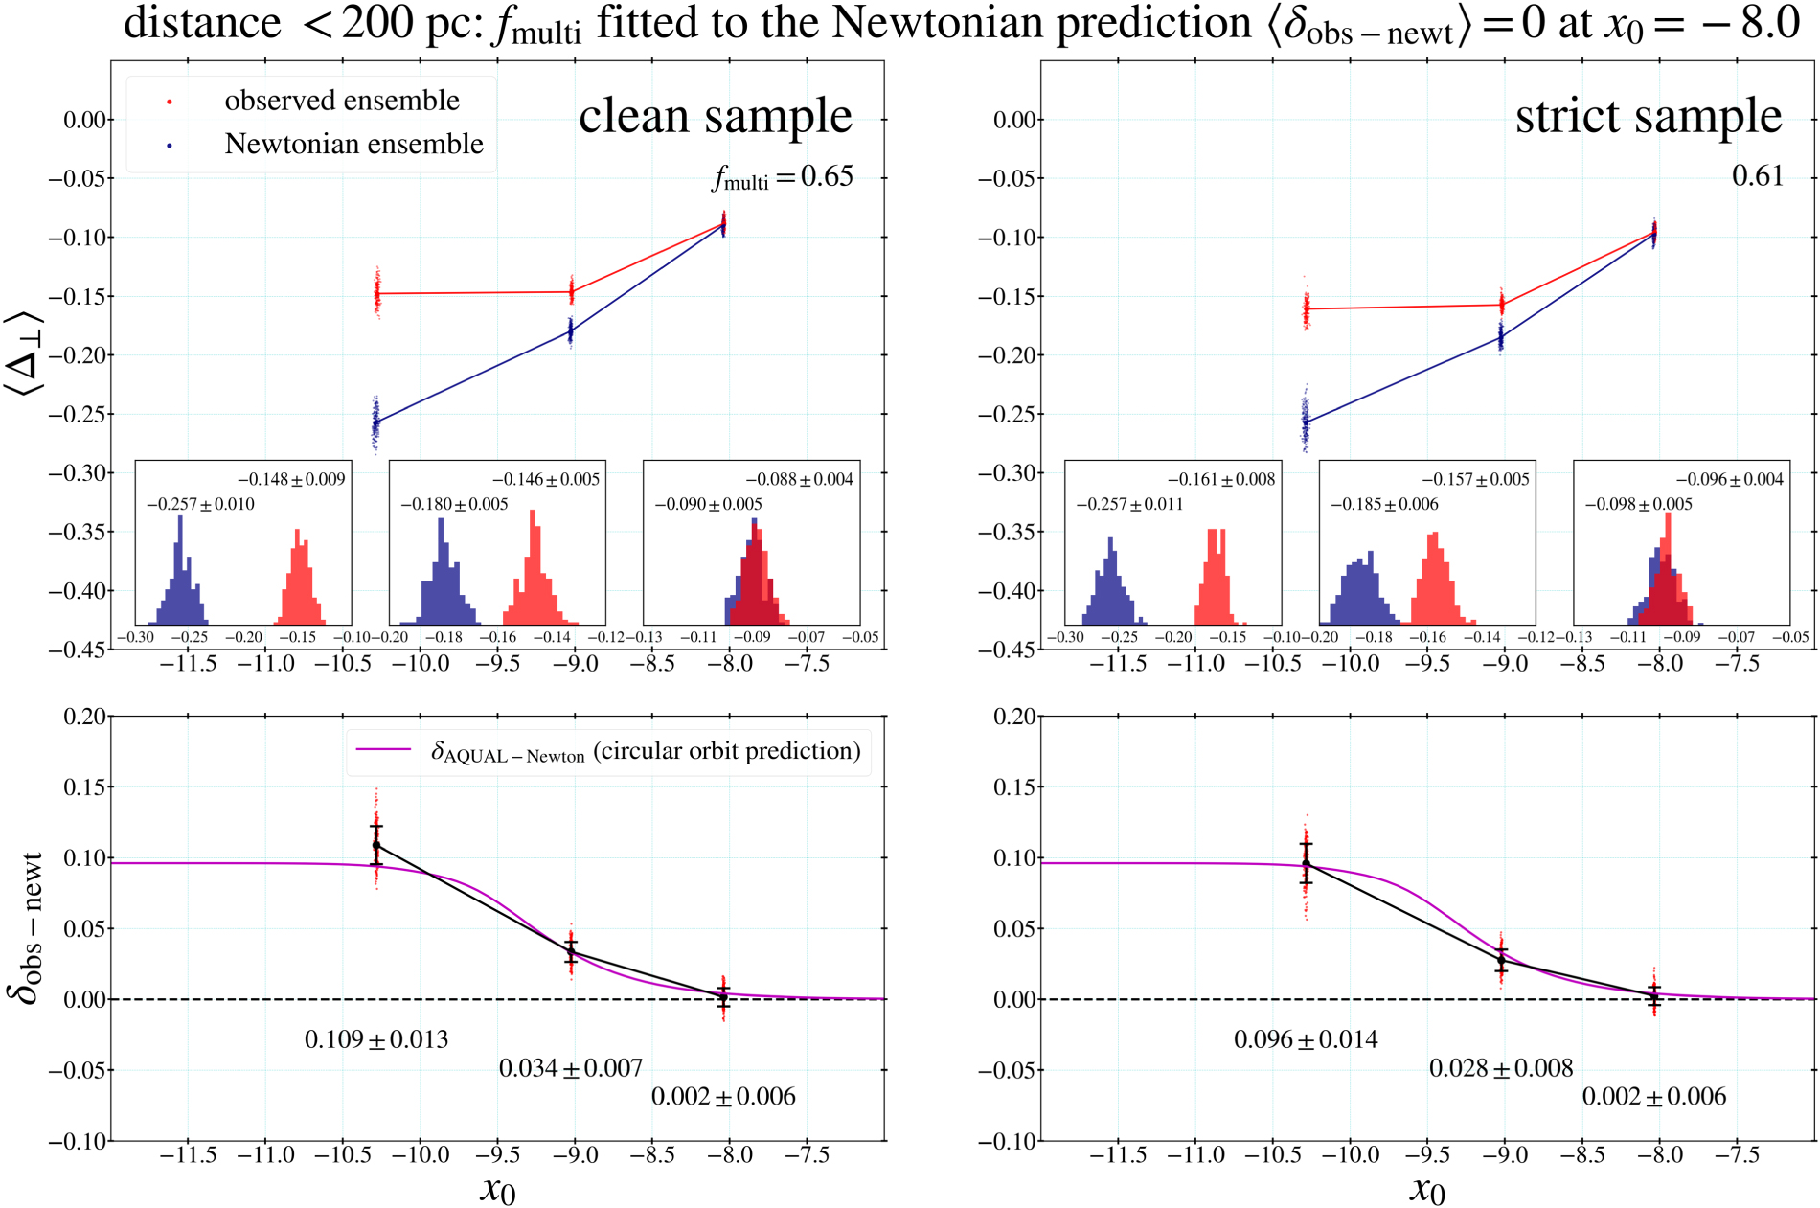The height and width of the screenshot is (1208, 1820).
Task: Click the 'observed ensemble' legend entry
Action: tap(341, 101)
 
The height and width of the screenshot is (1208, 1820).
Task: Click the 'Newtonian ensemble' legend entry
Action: tap(353, 144)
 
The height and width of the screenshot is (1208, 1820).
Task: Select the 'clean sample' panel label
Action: tap(715, 116)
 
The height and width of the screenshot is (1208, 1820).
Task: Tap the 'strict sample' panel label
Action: tap(1648, 116)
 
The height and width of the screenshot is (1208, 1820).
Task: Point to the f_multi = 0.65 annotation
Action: tap(783, 177)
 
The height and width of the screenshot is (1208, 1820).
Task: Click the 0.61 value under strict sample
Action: tap(1757, 176)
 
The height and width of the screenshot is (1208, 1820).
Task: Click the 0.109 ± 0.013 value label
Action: tap(376, 1039)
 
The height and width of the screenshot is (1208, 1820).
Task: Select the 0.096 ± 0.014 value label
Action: tap(1306, 1039)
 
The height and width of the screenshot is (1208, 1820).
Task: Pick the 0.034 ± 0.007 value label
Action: tap(571, 1068)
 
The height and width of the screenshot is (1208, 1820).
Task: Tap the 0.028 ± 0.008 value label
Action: tap(1501, 1068)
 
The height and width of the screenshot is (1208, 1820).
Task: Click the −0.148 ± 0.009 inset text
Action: tap(291, 479)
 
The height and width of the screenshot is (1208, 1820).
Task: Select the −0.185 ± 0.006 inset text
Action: tap(1384, 504)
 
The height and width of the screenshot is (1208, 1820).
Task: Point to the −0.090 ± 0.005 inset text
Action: tap(708, 504)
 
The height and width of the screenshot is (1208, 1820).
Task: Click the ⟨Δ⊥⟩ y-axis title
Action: tap(25, 353)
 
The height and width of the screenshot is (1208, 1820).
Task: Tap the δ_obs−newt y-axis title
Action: tap(27, 927)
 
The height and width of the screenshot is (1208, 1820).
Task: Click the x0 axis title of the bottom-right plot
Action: tap(1427, 1190)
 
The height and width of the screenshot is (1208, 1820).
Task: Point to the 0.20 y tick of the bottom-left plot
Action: tap(84, 717)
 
